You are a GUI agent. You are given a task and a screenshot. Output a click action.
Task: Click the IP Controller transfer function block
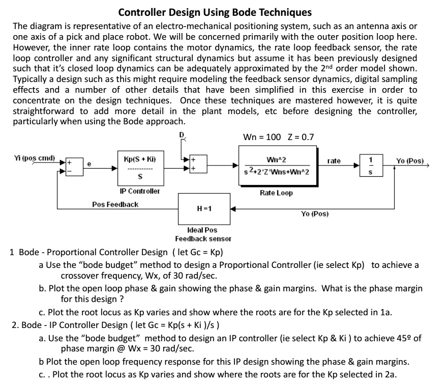tap(140, 168)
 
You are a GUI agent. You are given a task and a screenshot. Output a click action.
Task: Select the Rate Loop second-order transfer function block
tap(278, 166)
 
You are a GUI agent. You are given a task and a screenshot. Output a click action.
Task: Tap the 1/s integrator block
tap(371, 165)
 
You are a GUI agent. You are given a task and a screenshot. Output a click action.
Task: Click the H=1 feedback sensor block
tap(204, 209)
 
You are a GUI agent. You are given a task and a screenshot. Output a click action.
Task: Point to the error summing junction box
tap(74, 167)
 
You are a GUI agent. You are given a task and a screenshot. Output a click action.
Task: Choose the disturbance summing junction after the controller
tap(199, 163)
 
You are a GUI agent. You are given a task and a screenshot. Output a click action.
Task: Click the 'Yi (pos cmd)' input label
tap(34, 158)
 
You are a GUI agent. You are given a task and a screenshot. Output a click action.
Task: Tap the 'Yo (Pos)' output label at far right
tap(410, 161)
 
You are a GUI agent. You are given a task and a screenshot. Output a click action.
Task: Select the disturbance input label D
tap(182, 134)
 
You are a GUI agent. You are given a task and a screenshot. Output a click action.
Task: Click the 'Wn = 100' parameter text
tap(262, 137)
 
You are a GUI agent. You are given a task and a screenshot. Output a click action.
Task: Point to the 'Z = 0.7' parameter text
tap(301, 137)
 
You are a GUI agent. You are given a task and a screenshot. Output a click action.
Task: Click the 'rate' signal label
tap(334, 161)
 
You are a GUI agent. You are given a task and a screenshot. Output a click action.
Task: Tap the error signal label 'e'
tap(89, 164)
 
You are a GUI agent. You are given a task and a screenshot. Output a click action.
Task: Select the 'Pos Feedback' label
tap(115, 205)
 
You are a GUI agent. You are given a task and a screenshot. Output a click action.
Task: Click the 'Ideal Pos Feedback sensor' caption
tap(203, 234)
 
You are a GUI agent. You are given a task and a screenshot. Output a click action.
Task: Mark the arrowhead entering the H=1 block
tap(233, 209)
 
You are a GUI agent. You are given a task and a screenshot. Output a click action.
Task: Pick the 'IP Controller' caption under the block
tap(140, 191)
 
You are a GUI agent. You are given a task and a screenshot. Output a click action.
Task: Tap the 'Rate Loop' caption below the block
tap(276, 193)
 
